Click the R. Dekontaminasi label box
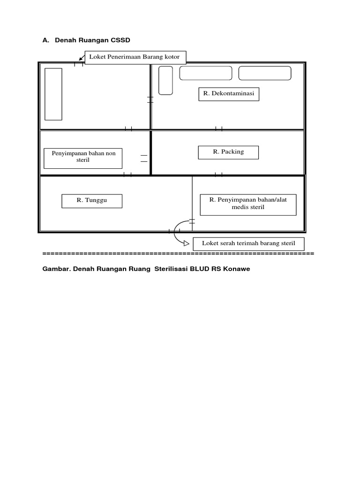point(229,94)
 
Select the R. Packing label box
point(228,152)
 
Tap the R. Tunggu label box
point(92,201)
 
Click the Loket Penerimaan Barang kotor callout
point(135,57)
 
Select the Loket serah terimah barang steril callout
point(248,244)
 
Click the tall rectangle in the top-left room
point(53,94)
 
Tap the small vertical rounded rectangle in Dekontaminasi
point(165,80)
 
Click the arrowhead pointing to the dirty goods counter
point(80,60)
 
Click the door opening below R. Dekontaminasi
point(218,129)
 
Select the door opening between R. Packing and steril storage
point(218,175)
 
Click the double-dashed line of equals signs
point(178,254)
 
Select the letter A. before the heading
point(45,41)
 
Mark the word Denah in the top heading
point(65,41)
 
